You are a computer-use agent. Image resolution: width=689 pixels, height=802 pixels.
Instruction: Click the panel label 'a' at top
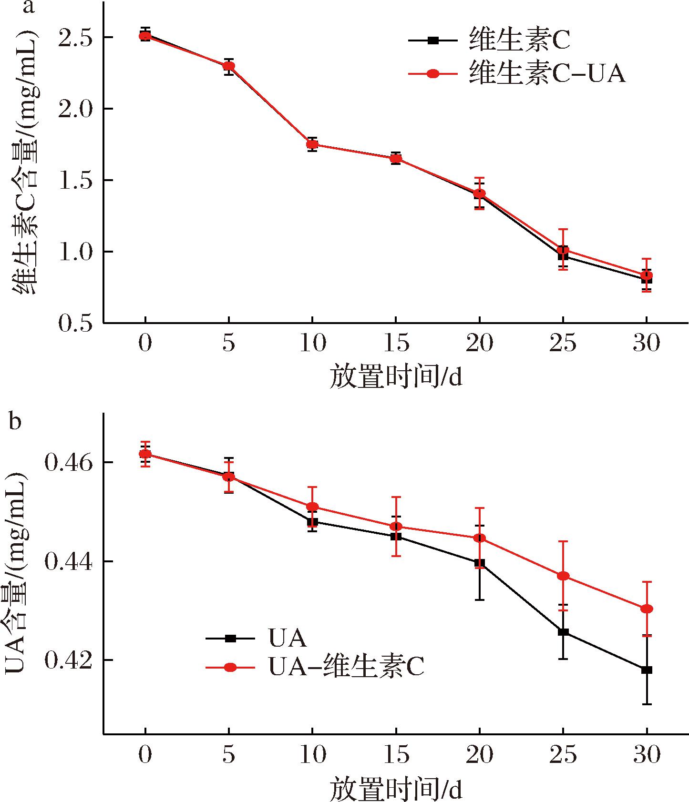[x=29, y=8]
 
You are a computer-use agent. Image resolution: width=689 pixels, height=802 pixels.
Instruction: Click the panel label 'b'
[x=15, y=421]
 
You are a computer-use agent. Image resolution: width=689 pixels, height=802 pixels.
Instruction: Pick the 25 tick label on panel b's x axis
[x=563, y=754]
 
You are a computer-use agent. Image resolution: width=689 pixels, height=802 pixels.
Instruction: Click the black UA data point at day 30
[x=647, y=670]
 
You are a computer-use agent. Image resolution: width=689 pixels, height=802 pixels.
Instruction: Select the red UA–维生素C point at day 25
[x=563, y=576]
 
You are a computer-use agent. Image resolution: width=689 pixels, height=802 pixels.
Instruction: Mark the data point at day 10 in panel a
[x=312, y=144]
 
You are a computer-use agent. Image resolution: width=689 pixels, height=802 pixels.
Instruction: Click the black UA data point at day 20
[x=479, y=563]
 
